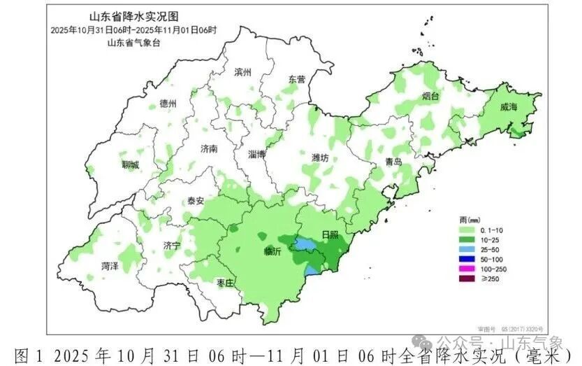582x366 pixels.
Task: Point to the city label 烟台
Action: [430, 97]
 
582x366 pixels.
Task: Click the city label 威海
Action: [509, 107]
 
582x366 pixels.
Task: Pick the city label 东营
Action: [297, 79]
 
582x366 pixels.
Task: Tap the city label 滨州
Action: [243, 72]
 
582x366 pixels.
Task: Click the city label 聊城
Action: [130, 165]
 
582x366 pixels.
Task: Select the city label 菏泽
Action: [110, 266]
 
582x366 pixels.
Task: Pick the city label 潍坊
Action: [320, 158]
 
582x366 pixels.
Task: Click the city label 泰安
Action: [195, 201]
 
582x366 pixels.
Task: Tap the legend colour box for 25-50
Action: [469, 249]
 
